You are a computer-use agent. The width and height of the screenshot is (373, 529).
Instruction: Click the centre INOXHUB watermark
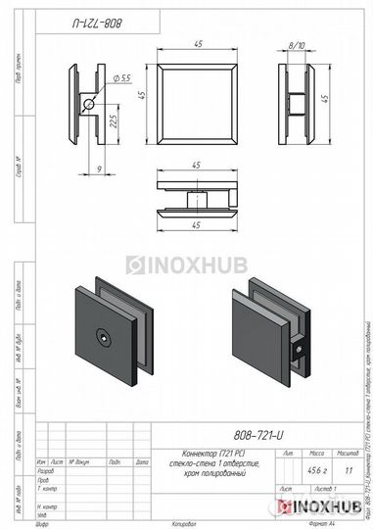(185, 264)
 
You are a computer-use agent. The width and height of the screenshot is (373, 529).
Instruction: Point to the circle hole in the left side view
(89, 104)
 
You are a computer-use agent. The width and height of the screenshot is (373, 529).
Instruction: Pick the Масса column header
(317, 456)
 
